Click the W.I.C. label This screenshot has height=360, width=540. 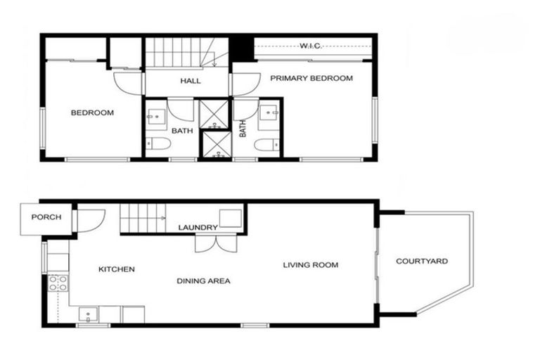[310, 46]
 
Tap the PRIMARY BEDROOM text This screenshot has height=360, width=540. [311, 78]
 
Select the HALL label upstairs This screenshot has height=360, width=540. [190, 81]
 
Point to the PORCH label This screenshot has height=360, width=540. [46, 217]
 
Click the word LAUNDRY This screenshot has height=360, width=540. [198, 227]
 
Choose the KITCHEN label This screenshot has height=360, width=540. [116, 269]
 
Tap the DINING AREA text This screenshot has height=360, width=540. [203, 281]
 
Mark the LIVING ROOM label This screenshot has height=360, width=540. [310, 265]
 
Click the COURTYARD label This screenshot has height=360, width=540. [422, 262]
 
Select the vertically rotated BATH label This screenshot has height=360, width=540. [243, 129]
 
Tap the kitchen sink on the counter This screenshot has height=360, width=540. [87, 313]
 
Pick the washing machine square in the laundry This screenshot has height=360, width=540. [230, 217]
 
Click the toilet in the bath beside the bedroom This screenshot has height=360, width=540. [158, 145]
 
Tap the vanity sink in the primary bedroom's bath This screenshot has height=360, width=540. [267, 114]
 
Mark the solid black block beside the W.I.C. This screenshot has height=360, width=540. [240, 48]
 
